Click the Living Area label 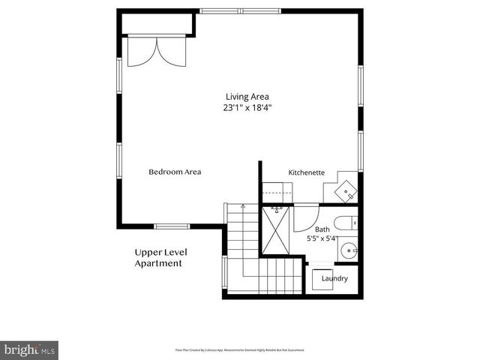click(247, 96)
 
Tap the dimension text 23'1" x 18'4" click(247, 107)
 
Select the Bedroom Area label click(175, 172)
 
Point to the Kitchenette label click(307, 172)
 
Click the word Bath click(322, 229)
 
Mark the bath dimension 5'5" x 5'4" click(322, 238)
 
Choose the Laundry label click(334, 278)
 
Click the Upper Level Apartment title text click(158, 258)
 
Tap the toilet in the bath click(347, 223)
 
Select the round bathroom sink click(348, 250)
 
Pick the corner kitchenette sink click(346, 191)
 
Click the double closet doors click(156, 51)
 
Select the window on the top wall click(240, 11)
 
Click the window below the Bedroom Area click(172, 226)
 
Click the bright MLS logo click(29, 349)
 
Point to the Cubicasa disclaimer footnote click(239, 349)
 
